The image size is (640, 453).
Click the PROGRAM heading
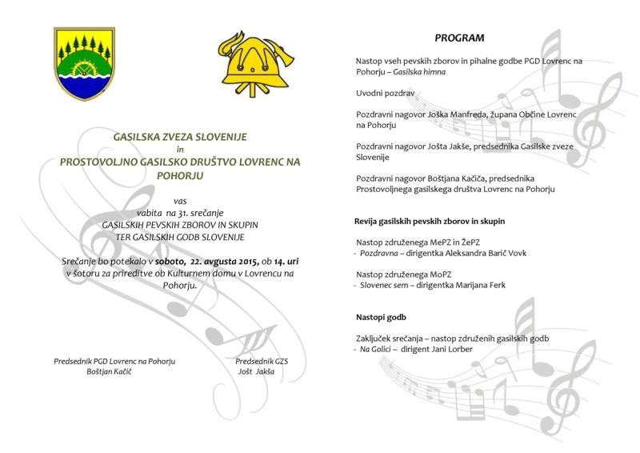[461, 38]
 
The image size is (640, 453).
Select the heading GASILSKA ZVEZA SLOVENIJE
[181, 138]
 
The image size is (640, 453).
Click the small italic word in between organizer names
[180, 149]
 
